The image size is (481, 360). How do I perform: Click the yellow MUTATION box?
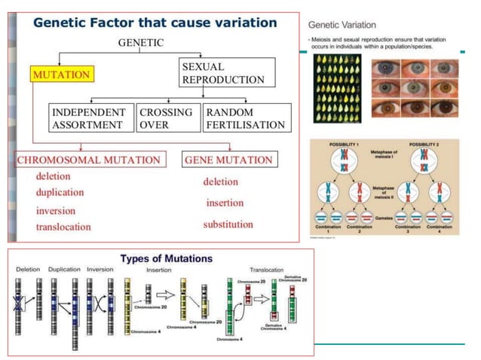(x=61, y=75)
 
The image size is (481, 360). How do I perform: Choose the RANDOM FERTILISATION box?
(x=247, y=118)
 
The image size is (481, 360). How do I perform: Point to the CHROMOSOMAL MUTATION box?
(x=89, y=160)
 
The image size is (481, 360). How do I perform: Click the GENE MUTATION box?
(x=229, y=160)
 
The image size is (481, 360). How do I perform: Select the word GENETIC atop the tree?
(x=141, y=43)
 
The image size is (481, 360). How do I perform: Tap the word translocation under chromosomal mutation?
(x=63, y=227)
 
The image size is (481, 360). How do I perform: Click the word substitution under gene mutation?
(x=228, y=224)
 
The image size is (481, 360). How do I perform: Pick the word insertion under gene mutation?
(x=225, y=203)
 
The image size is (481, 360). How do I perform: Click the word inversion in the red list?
(x=56, y=210)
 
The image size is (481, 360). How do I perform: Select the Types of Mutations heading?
(x=157, y=258)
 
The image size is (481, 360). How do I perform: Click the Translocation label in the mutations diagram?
(x=266, y=270)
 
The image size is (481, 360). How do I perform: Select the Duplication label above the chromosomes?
(x=64, y=270)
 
